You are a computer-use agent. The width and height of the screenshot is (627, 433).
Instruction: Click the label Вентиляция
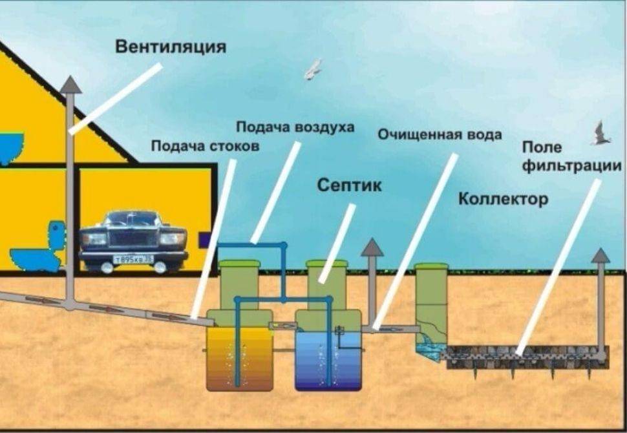point(171,47)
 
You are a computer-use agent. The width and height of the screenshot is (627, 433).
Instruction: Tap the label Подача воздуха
point(295,127)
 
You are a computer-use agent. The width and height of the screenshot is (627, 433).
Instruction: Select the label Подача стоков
point(205,147)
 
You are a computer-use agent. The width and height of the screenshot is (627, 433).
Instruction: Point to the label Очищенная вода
point(440,135)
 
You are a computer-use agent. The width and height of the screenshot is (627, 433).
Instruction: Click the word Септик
point(349,186)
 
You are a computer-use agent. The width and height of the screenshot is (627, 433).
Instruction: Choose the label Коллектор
point(503,198)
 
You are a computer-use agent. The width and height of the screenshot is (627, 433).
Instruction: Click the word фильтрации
point(571,166)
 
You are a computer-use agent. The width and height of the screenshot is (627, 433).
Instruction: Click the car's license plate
point(133,259)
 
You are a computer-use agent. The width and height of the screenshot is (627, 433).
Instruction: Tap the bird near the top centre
point(313,69)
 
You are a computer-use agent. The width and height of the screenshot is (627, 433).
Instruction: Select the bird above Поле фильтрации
point(600,134)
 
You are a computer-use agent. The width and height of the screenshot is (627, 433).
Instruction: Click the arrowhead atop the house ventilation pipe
point(71,84)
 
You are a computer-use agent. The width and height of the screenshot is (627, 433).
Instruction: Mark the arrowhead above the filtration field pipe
point(600,255)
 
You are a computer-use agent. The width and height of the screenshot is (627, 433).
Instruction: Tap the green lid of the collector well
point(432,266)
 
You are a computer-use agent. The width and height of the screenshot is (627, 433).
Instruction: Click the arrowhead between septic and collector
point(372,247)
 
